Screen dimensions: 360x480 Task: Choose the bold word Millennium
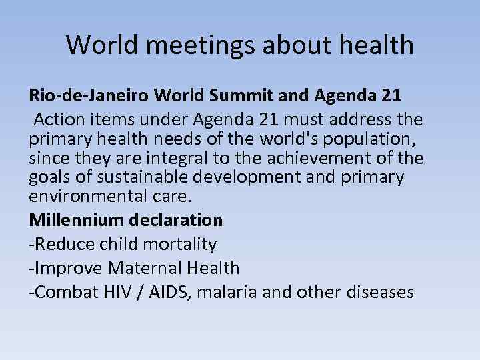click(76, 219)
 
